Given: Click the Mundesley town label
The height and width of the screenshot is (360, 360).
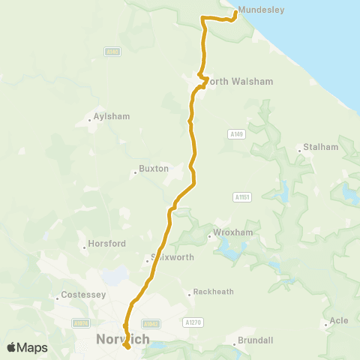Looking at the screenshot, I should [259, 12].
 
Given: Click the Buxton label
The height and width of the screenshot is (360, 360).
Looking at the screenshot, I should [154, 169].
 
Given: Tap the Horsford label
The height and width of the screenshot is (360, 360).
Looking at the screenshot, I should [107, 244].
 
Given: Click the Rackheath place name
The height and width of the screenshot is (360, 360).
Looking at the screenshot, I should [214, 291].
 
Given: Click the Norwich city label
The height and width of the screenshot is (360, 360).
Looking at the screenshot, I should [123, 339].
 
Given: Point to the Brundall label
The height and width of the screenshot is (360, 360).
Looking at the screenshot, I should [257, 340].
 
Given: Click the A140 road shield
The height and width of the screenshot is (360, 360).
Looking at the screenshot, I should [112, 52].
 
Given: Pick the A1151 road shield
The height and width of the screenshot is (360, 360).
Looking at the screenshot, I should [241, 196].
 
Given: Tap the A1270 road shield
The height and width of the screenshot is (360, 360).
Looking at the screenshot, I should [193, 322].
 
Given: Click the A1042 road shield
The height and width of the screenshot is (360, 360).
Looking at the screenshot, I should [151, 324].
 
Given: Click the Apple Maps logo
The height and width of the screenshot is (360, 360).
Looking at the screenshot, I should [27, 347].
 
